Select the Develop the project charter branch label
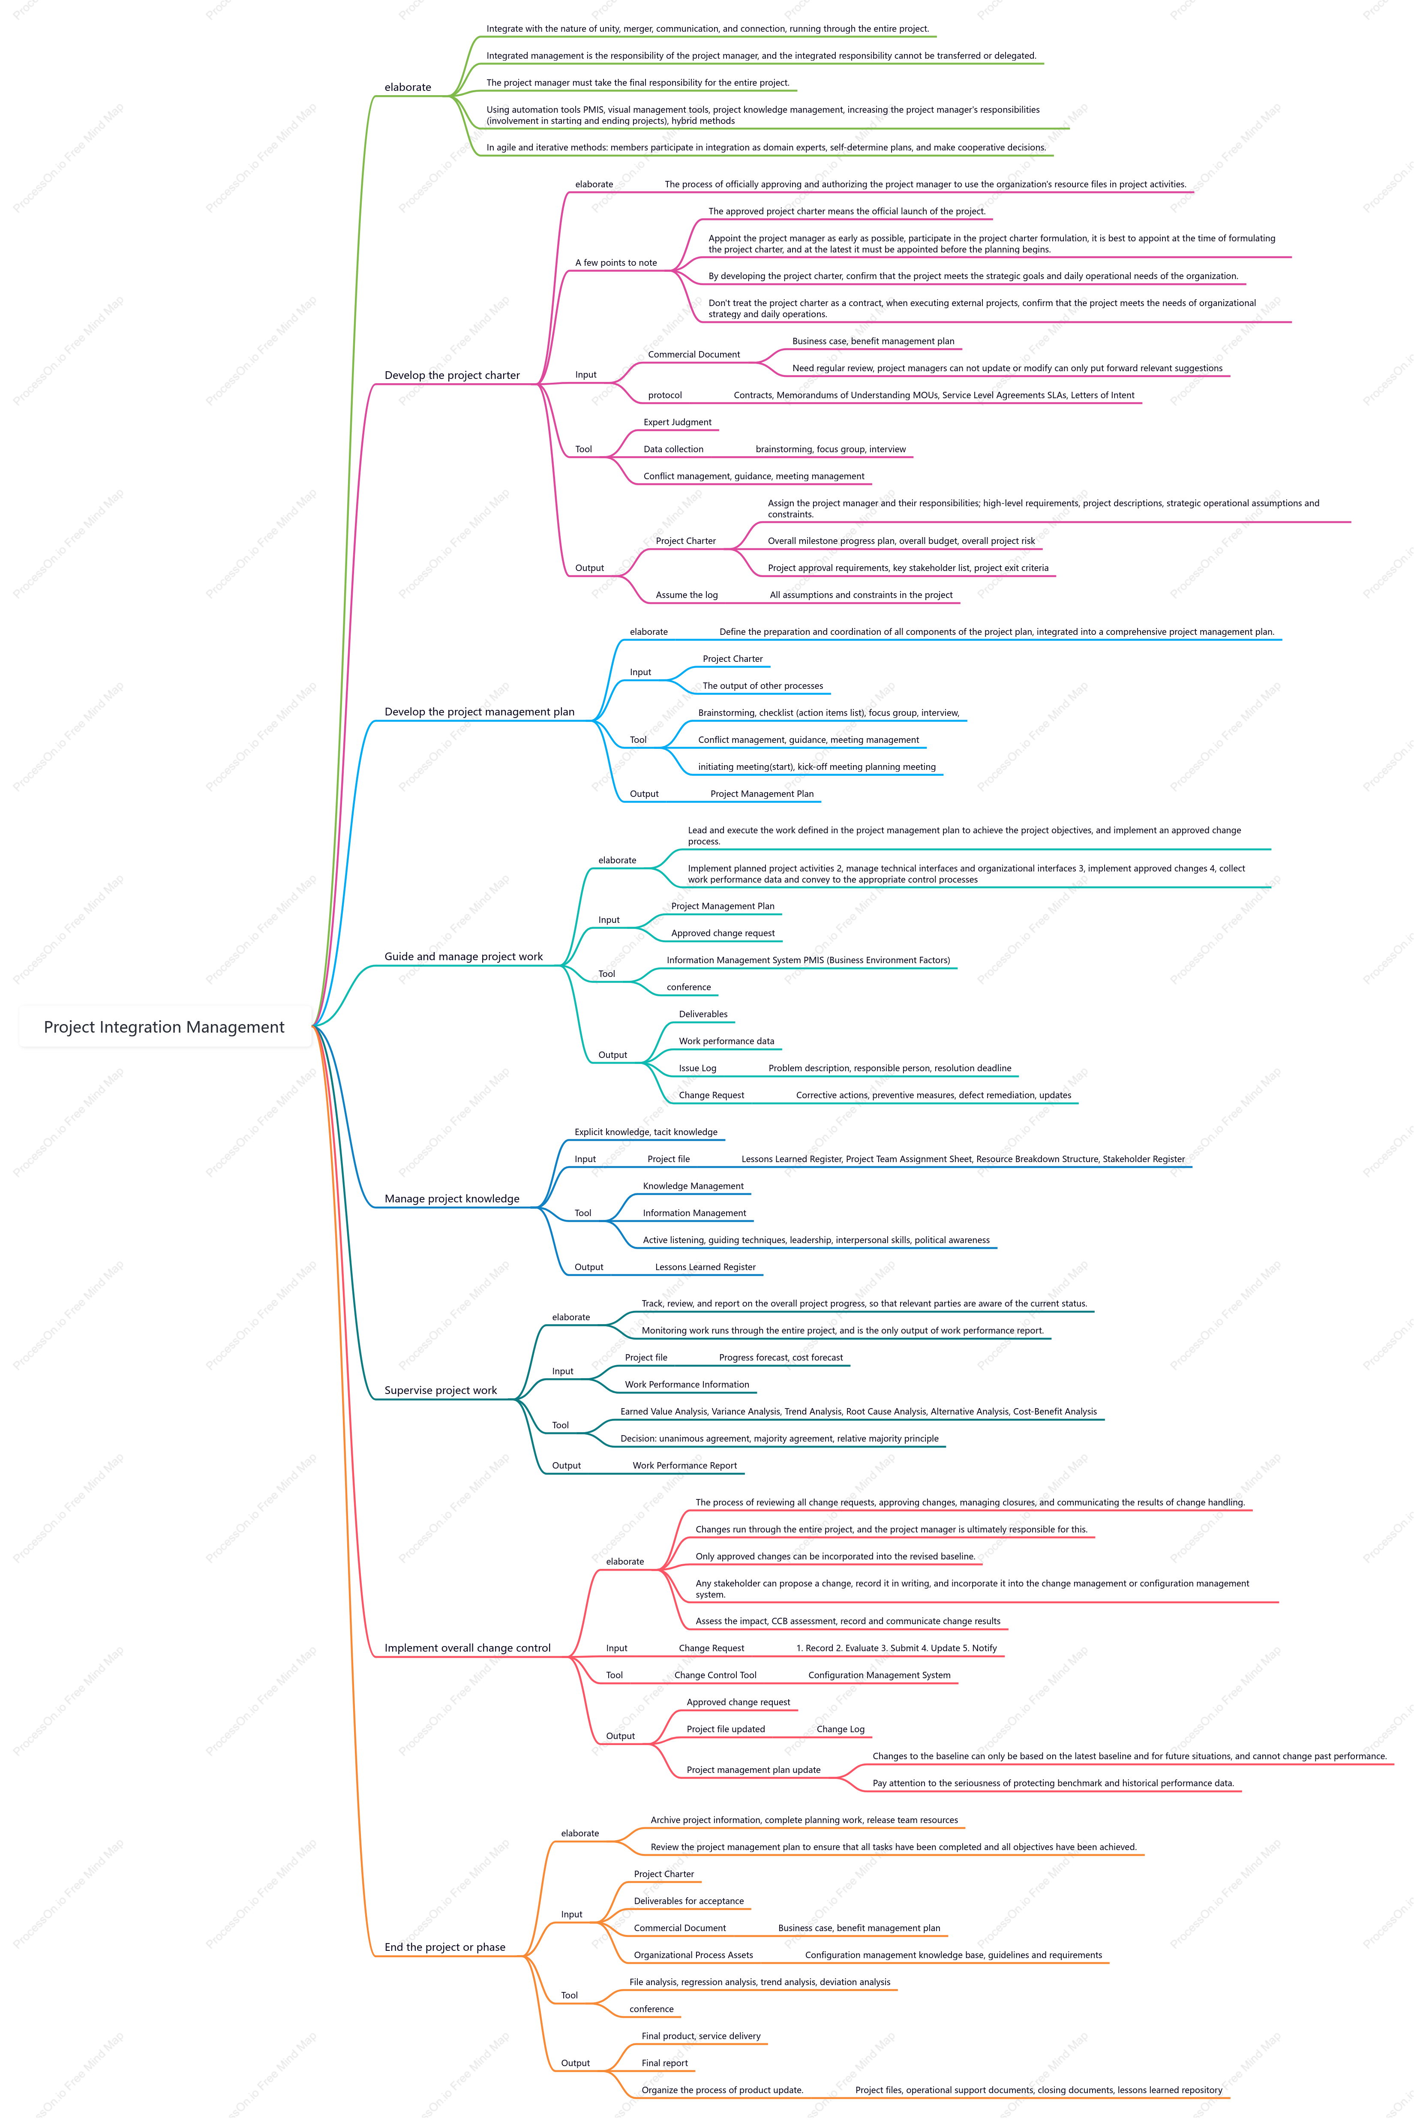coord(452,375)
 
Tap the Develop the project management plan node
coord(479,712)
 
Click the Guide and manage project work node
coord(463,956)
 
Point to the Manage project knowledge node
coord(452,1199)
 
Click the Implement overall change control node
coord(467,1648)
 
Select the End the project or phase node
coord(444,1947)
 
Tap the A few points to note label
coord(616,262)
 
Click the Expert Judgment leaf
coord(677,422)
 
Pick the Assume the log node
coord(686,595)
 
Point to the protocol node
coord(665,395)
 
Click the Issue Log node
coord(697,1068)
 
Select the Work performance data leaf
coord(726,1041)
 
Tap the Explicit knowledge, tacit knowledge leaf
coord(645,1132)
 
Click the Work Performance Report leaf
coord(684,1466)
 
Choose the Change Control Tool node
coord(715,1675)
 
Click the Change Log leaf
coord(841,1729)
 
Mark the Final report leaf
coord(665,2063)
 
